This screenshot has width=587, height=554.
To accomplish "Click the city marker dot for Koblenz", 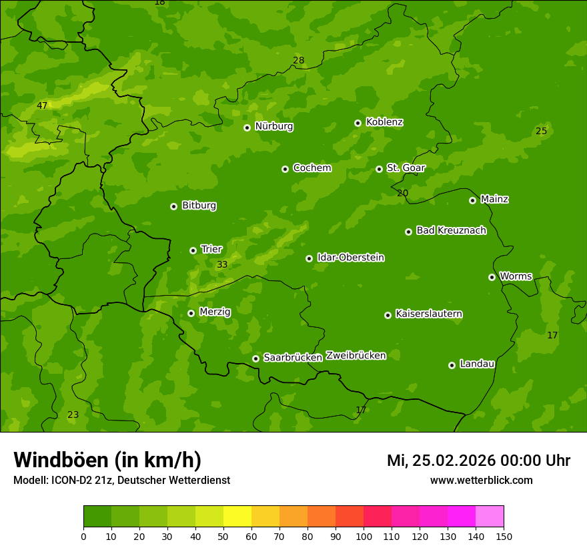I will pos(358,123).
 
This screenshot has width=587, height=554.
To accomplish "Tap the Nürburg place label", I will pos(273,126).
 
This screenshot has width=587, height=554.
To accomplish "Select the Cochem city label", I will pos(312,168).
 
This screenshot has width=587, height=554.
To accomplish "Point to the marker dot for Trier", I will pos(193,250).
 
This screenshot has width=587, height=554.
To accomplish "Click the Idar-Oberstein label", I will pos(350,257).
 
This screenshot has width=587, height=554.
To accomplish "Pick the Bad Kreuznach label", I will pos(451,230).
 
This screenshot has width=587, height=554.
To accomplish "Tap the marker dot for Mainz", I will pos(472,200).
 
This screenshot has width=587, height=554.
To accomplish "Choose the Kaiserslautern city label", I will pos(428,314).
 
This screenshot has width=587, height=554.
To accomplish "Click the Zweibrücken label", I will pos(356,355).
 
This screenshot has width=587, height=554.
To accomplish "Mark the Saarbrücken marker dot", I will pos(255,358).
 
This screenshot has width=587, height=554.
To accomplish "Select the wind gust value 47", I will pos(42,105).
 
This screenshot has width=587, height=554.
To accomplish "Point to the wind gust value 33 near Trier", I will pos(222,264).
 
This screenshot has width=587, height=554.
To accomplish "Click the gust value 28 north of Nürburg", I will pos(298,60).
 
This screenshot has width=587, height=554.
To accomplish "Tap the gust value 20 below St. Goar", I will pos(402,193).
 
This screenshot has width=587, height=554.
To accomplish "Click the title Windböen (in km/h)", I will pos(107,460).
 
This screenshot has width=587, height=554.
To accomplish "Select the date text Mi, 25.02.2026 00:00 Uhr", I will pos(478,461).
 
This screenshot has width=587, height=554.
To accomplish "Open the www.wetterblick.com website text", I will pos(481,481).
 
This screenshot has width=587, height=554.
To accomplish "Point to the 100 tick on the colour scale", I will pos(364,536).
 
